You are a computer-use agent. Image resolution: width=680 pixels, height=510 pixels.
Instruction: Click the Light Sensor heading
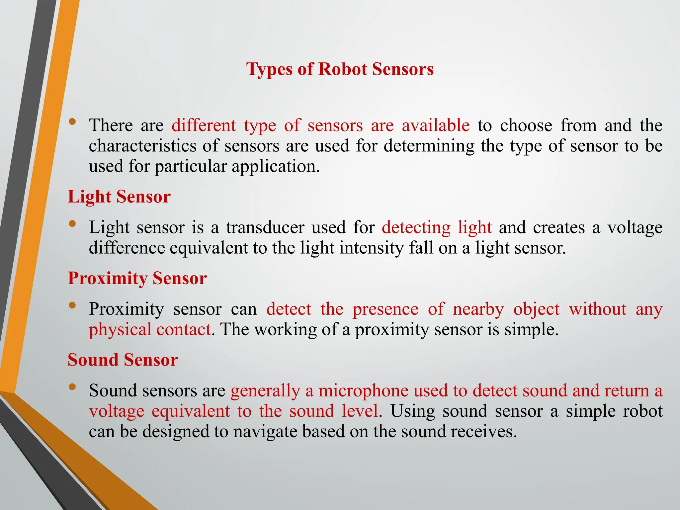(x=119, y=197)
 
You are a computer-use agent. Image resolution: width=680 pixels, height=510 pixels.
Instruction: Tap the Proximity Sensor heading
(x=137, y=278)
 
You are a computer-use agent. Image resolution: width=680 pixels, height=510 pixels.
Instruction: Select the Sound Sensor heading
(x=123, y=360)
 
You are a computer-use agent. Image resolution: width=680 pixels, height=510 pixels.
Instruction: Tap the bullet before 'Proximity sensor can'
(x=72, y=305)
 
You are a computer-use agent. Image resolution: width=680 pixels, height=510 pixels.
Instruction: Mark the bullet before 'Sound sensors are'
(x=72, y=387)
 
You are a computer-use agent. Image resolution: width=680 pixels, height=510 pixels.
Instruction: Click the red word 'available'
(x=436, y=126)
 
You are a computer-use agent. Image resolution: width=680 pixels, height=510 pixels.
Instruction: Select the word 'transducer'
(x=265, y=228)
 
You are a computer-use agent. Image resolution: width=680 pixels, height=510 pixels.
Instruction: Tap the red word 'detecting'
(x=416, y=228)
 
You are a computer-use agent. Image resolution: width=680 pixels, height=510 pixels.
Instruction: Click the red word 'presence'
(x=385, y=309)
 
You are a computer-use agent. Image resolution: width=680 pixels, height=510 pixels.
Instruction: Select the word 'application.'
(x=276, y=166)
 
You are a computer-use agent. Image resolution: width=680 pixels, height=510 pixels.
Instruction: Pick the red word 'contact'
(x=183, y=330)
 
